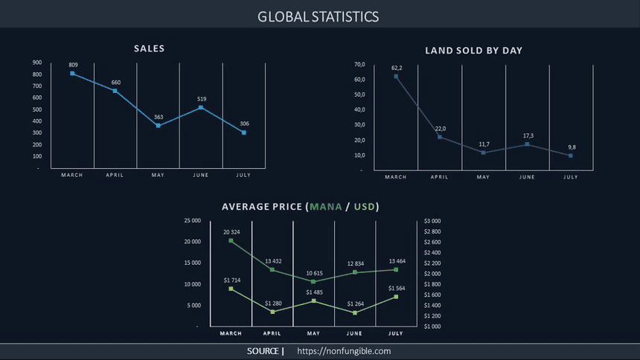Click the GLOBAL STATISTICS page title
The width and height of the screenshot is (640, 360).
[319, 16]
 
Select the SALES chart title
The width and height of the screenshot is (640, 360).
[149, 48]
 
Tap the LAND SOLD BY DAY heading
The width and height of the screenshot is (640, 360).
[473, 51]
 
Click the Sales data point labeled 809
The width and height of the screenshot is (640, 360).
[72, 73]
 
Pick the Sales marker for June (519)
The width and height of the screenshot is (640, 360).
[201, 108]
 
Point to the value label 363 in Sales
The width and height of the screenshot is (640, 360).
[159, 118]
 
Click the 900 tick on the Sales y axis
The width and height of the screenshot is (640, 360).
[37, 63]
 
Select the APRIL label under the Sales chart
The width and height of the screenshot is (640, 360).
[115, 176]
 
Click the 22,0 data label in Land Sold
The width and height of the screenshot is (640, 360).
[440, 129]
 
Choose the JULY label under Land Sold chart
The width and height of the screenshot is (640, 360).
[571, 177]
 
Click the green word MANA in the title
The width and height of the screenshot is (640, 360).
[326, 206]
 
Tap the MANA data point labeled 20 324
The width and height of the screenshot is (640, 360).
[231, 241]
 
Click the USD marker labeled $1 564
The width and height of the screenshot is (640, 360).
[396, 297]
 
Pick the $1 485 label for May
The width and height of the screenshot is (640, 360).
[314, 292]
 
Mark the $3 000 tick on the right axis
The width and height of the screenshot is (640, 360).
[432, 221]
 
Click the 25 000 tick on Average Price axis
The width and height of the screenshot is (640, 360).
[191, 221]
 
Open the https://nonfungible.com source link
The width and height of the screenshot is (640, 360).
[344, 351]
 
